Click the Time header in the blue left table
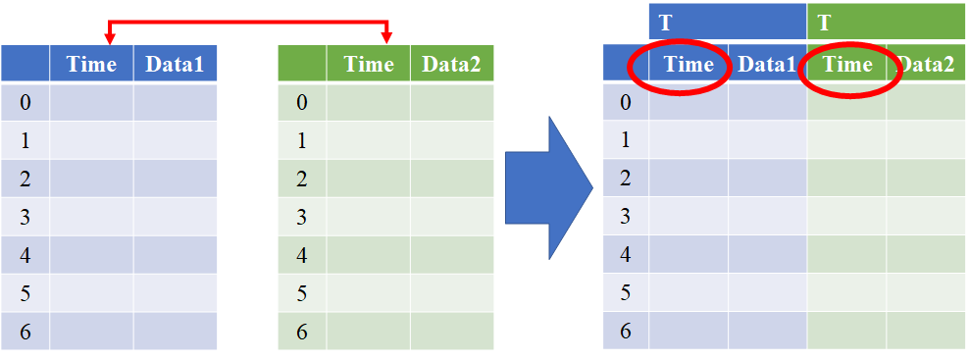[91, 65]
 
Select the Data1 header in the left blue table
[175, 65]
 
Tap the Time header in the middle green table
[369, 65]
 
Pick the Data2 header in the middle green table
[451, 65]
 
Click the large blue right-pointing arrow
[547, 187]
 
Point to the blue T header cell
[727, 21]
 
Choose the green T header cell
[886, 21]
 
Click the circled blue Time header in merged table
[688, 65]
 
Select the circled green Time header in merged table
[847, 65]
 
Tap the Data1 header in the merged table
[766, 65]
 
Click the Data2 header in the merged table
[927, 65]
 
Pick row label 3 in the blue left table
[25, 217]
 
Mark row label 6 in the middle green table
[302, 332]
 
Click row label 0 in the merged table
[626, 102]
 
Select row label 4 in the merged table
[626, 255]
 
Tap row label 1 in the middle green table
[302, 140]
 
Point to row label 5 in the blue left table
[25, 293]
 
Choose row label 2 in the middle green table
[302, 179]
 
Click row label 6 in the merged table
[626, 332]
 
